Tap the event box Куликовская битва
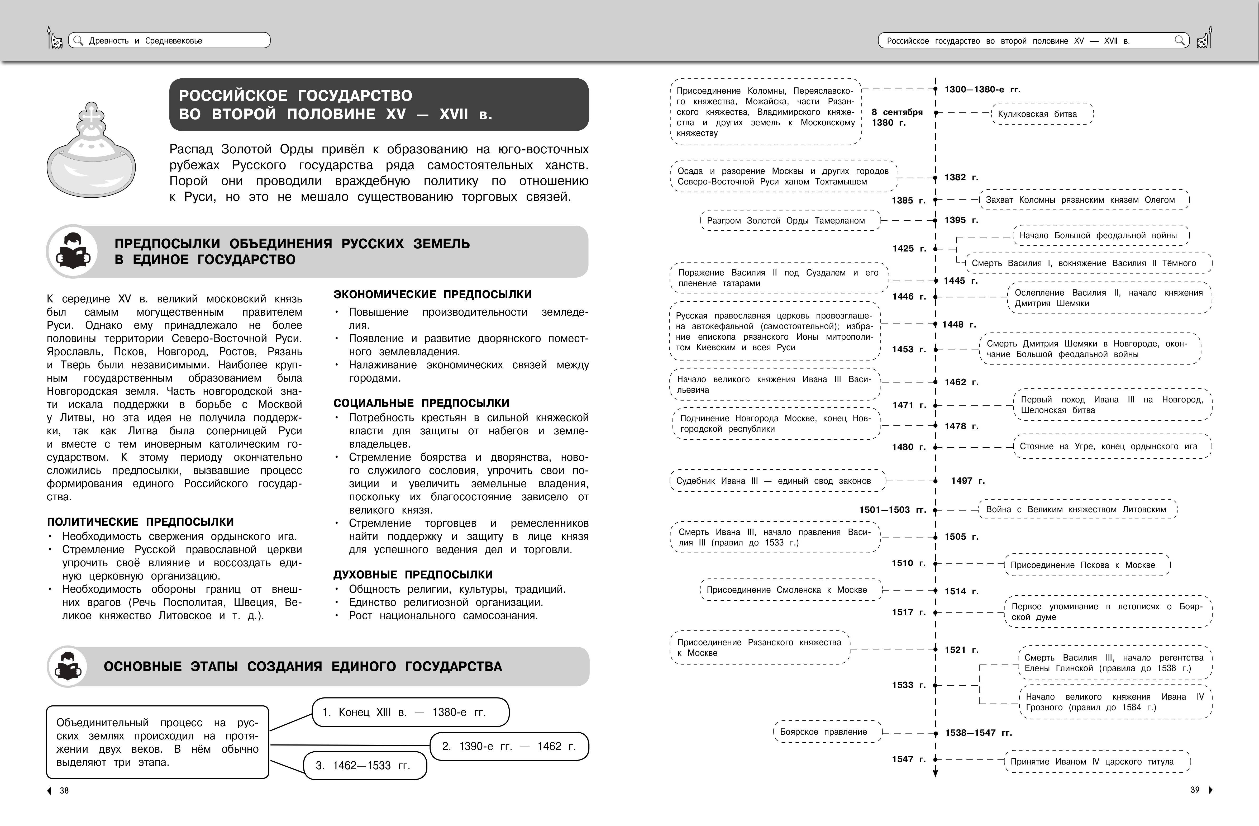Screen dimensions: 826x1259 coord(1042,114)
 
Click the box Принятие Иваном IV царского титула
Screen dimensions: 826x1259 coord(1096,761)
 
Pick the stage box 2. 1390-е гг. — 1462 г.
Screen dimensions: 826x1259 coord(509,746)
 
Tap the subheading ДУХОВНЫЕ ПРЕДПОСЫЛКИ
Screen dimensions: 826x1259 coord(413,575)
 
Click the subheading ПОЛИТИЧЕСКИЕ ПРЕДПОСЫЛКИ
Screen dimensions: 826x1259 coord(140,522)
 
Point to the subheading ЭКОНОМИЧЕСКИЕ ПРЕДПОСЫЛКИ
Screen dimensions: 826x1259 coord(432,294)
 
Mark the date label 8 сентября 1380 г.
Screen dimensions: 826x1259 coord(897,117)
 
